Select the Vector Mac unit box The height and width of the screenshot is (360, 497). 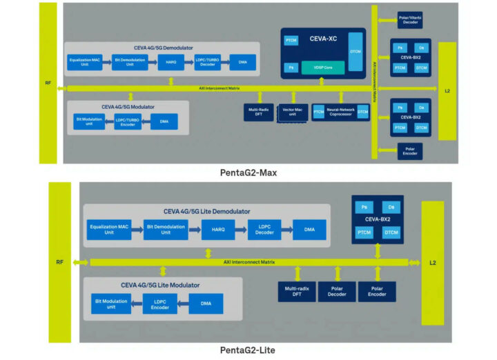click(293, 112)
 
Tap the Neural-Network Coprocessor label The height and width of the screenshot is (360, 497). click(340, 112)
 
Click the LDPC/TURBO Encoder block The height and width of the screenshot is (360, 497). click(128, 121)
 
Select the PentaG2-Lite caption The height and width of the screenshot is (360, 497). click(248, 350)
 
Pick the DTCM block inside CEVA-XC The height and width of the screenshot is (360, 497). click(355, 51)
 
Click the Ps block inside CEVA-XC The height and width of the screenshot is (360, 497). click(291, 68)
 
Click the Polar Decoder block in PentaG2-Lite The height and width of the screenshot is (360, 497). click(337, 292)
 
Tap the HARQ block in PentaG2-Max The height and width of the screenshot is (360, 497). click(170, 63)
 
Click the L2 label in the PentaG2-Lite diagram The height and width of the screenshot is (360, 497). click(432, 262)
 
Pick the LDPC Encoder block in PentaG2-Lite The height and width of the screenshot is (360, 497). click(160, 304)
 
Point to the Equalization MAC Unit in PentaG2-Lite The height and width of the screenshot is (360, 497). click(109, 230)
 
